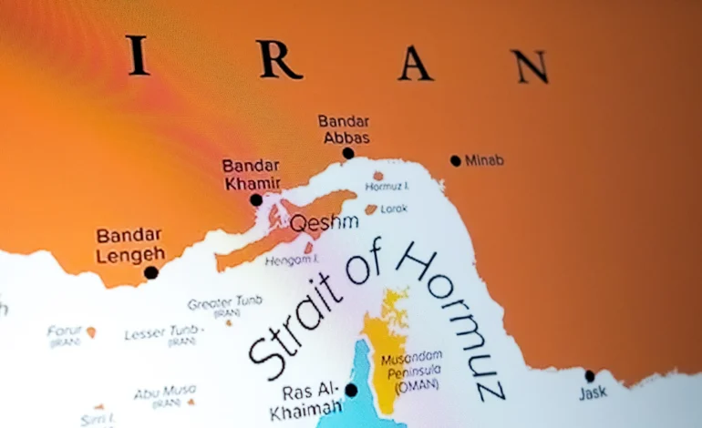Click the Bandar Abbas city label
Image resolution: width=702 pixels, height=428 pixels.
pos(344,129)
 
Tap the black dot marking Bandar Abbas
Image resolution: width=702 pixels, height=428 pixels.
pos(347,154)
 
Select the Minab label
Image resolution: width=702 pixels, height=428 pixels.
pos(484,160)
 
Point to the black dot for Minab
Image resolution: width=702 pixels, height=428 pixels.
pos(455,160)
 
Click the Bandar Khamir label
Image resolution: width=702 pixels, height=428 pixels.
pos(252,174)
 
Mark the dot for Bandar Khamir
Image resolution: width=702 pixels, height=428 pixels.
pos(256,200)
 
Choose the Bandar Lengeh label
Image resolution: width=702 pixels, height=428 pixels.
pos(130,245)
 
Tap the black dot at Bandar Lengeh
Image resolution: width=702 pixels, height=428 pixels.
pos(150,271)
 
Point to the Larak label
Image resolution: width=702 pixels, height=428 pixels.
pos(395,209)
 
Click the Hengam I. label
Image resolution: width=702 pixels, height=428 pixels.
pos(289,260)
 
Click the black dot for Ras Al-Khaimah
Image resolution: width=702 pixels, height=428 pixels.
pos(351,390)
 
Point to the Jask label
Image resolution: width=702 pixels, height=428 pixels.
pos(592,393)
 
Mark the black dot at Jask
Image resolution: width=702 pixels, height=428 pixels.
pos(589,375)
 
